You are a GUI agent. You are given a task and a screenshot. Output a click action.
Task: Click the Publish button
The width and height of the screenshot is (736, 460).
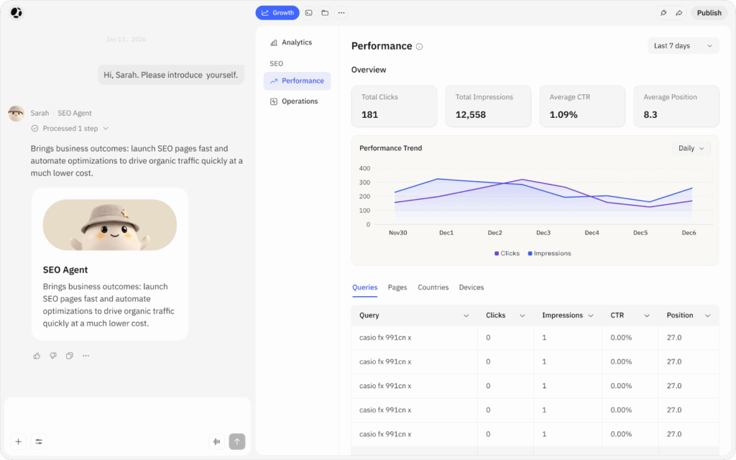pyautogui.click(x=709, y=13)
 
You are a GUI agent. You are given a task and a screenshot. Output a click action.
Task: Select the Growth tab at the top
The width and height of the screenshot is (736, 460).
pyautogui.click(x=277, y=13)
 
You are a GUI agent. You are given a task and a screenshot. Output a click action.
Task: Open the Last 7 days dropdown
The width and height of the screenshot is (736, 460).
pyautogui.click(x=683, y=45)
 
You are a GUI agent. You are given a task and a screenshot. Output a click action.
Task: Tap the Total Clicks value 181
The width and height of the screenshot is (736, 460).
pyautogui.click(x=369, y=114)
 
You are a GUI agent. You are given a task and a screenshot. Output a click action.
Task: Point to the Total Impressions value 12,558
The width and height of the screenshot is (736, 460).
pyautogui.click(x=470, y=114)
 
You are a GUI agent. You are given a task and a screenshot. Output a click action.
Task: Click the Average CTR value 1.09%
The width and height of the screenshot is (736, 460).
pyautogui.click(x=563, y=114)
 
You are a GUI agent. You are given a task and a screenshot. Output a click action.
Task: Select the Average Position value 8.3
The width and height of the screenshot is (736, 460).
pyautogui.click(x=650, y=114)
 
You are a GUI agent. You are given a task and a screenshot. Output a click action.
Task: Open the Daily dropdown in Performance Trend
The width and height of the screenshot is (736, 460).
pyautogui.click(x=691, y=148)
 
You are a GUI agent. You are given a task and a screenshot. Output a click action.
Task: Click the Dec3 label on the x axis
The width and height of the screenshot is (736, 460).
pyautogui.click(x=543, y=233)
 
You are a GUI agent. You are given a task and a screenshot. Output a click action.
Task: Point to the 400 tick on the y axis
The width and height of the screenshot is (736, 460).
pyautogui.click(x=364, y=168)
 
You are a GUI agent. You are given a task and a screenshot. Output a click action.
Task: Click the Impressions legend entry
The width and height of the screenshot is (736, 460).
pyautogui.click(x=549, y=254)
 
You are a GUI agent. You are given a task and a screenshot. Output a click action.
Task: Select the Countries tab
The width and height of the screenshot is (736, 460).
pyautogui.click(x=433, y=287)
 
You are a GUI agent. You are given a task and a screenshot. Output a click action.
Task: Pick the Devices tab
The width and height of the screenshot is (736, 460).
pyautogui.click(x=471, y=287)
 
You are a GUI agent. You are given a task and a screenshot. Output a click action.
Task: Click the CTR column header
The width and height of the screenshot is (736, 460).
pyautogui.click(x=617, y=316)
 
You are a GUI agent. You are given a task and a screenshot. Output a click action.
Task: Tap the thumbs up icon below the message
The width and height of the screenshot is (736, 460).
pyautogui.click(x=37, y=356)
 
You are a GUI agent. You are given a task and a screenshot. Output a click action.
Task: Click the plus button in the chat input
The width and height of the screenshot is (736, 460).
pyautogui.click(x=18, y=441)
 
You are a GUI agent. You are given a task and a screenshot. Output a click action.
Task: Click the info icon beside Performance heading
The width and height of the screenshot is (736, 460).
pyautogui.click(x=419, y=47)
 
